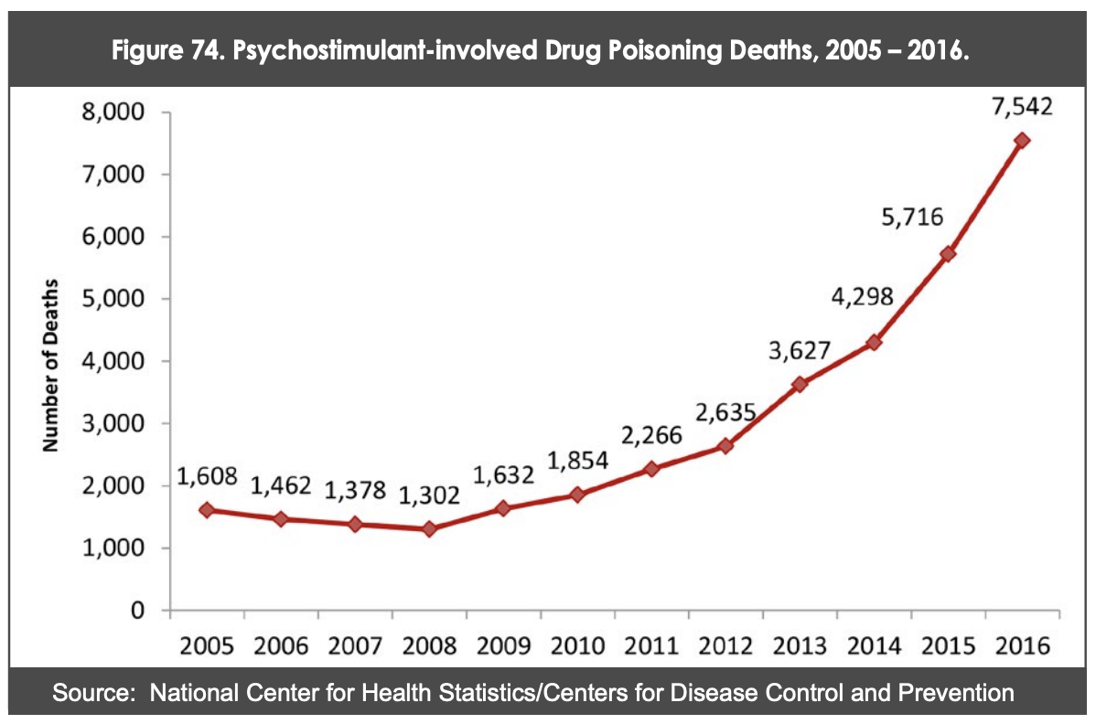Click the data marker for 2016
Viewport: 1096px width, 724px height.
point(1022,140)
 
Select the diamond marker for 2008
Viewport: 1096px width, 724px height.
point(429,528)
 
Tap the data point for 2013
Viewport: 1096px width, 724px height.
point(800,384)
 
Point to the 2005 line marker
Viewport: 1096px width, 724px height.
point(207,510)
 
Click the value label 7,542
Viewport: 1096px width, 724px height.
point(1021,106)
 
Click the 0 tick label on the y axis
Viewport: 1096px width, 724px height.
point(139,611)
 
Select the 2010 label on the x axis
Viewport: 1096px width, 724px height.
point(577,645)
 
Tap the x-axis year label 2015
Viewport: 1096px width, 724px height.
point(948,645)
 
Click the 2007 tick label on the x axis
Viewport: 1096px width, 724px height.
point(355,645)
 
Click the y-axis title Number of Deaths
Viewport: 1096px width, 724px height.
point(51,364)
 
